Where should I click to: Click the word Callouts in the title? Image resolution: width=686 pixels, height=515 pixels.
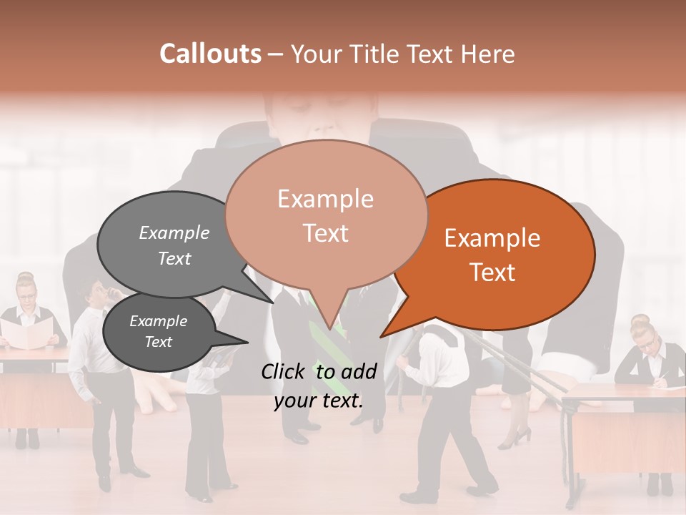210,54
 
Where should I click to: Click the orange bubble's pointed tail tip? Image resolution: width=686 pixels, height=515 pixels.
382,336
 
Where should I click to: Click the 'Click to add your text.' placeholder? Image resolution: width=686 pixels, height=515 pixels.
319,386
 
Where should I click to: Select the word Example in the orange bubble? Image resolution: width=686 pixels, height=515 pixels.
492,238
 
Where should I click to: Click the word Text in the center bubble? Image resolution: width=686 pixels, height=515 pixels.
326,233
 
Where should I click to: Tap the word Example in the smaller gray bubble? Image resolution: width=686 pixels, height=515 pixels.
158,321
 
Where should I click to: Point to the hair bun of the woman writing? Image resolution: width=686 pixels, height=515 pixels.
640,320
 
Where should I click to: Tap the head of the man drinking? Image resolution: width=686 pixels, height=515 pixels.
94,291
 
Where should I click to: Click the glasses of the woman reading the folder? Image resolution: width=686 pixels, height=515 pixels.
26,295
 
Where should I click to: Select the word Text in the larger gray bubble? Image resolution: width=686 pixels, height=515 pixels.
174,258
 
